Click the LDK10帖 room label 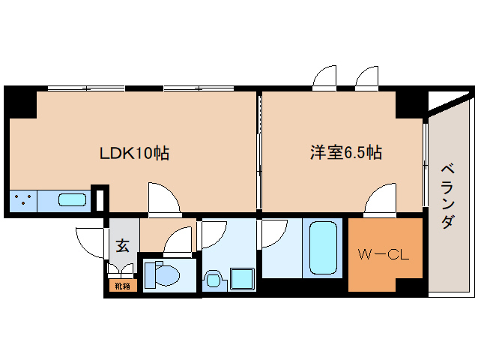[135, 154]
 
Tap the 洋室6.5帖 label [346, 153]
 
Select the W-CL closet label [382, 253]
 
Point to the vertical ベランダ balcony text [447, 196]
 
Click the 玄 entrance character [122, 245]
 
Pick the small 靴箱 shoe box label [122, 286]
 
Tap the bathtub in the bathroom [324, 248]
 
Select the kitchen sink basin [73, 201]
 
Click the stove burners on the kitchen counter [22, 201]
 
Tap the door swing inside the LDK [163, 197]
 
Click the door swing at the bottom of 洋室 [380, 198]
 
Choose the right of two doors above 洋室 [369, 77]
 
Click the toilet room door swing [179, 242]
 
